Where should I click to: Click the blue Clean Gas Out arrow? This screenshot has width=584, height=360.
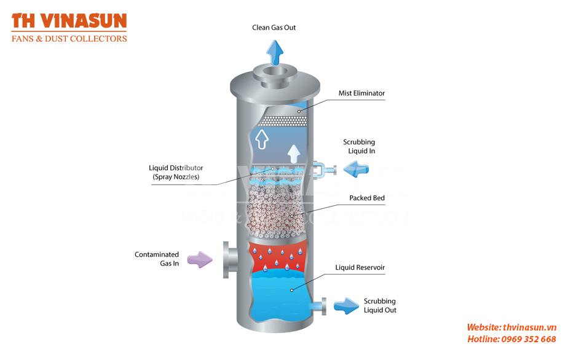point(275,52)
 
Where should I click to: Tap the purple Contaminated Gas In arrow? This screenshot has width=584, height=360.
point(200,259)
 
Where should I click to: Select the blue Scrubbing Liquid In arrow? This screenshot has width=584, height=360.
point(356,169)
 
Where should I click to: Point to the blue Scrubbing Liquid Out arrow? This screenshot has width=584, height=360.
point(346,306)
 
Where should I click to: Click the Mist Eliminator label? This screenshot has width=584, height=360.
point(361,93)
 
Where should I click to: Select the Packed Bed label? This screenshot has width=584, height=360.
point(367,198)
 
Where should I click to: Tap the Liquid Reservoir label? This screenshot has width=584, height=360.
point(360,267)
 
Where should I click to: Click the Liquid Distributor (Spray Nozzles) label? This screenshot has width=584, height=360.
point(176,173)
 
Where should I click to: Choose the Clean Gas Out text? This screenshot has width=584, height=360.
point(274,28)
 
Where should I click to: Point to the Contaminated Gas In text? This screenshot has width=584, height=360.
point(157,259)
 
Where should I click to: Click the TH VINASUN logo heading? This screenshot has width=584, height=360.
point(69,21)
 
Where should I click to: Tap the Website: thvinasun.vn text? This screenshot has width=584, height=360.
point(511,327)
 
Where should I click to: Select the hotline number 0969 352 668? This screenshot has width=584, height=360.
point(529,339)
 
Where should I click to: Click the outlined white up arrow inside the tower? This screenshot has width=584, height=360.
point(262,139)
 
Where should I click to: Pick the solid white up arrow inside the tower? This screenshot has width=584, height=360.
point(294,154)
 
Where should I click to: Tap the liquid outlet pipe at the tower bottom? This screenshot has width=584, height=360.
point(318,306)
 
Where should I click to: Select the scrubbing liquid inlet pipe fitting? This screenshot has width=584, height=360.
point(324,170)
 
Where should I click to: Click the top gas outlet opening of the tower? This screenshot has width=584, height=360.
point(275,71)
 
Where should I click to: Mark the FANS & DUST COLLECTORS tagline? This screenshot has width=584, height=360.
point(69,39)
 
